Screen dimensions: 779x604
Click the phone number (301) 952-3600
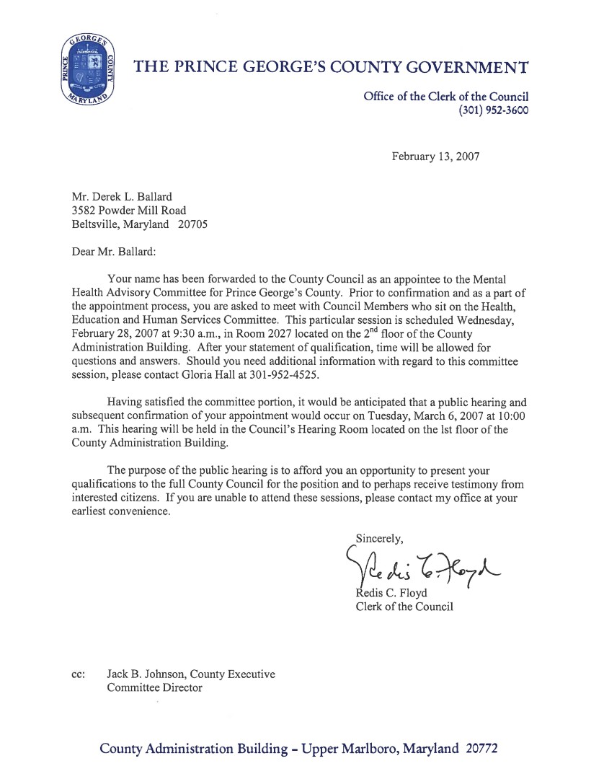(x=494, y=111)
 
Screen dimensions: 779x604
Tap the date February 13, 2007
(x=435, y=156)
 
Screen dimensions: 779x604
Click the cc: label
(x=79, y=674)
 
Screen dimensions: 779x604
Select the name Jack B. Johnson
(x=147, y=674)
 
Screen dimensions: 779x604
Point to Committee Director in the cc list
(x=154, y=687)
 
